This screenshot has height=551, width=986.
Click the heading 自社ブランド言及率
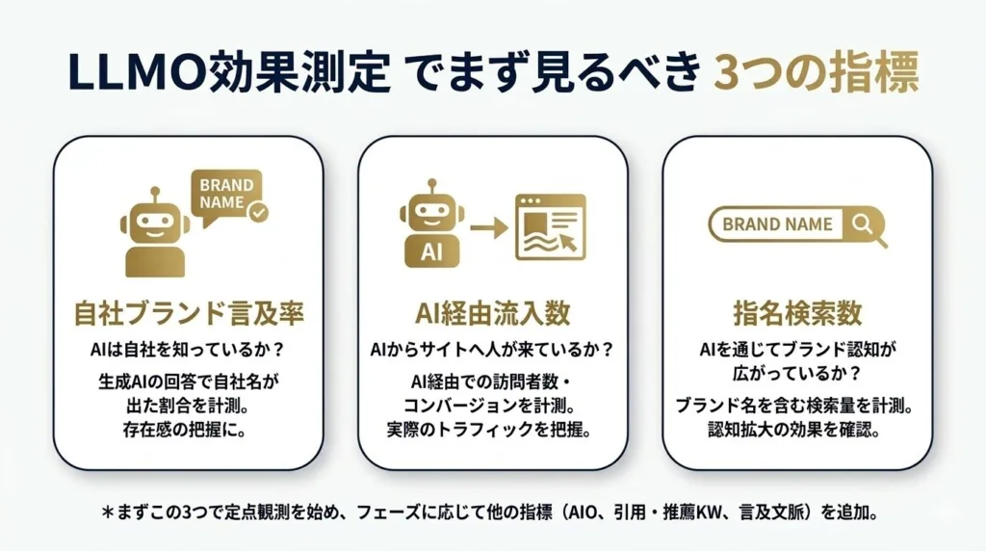188,314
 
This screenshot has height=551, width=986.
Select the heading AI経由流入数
493,314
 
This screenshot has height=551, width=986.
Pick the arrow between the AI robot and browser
489,229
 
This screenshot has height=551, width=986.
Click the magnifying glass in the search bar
864,225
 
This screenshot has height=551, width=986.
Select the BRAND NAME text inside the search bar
777,224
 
